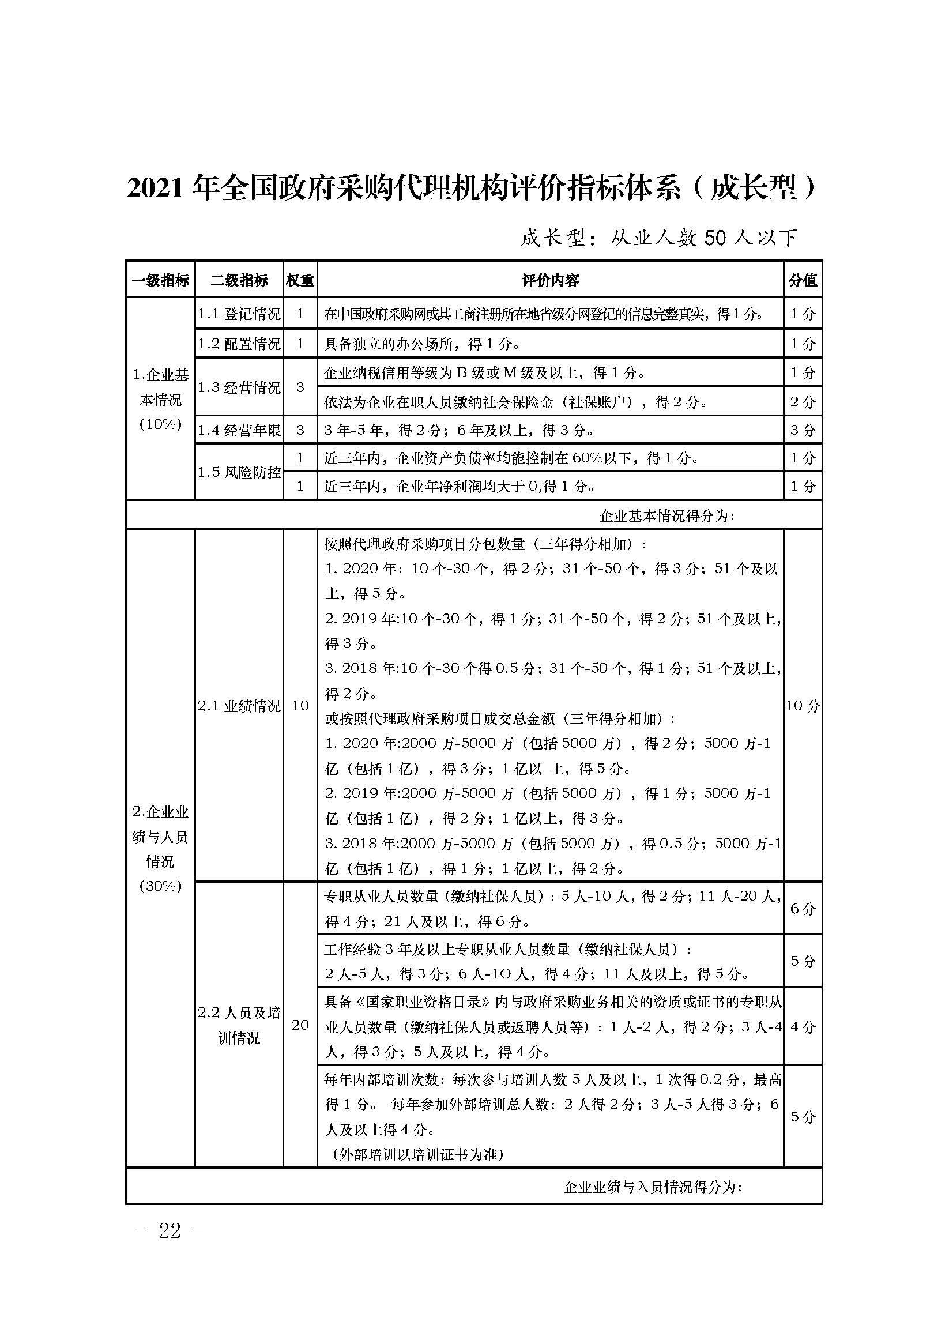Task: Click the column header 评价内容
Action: pyautogui.click(x=550, y=280)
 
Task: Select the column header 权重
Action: pyautogui.click(x=300, y=280)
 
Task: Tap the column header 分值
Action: pyautogui.click(x=803, y=280)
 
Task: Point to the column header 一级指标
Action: pyautogui.click(x=160, y=280)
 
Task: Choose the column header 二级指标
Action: pyautogui.click(x=239, y=280)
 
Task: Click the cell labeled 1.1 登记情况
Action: pyautogui.click(x=239, y=314)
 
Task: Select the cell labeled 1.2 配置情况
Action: pyautogui.click(x=239, y=344)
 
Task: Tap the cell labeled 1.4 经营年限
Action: pyautogui.click(x=239, y=430)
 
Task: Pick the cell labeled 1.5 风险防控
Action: pyautogui.click(x=239, y=472)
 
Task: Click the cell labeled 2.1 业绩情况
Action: pyautogui.click(x=239, y=706)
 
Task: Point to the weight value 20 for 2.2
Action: pyautogui.click(x=300, y=1025)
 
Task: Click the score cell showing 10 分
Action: pyautogui.click(x=803, y=706)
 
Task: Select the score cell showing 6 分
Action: pyautogui.click(x=803, y=909)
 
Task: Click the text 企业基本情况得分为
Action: pyautogui.click(x=667, y=515)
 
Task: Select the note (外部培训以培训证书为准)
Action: pyautogui.click(x=418, y=1154)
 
